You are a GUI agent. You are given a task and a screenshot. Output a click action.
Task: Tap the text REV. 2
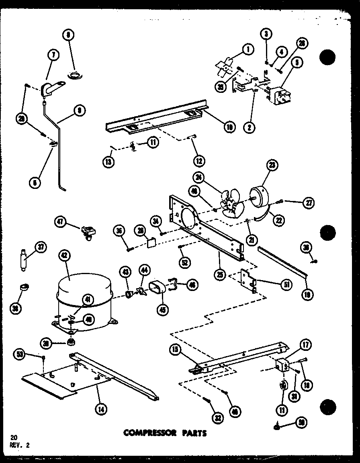pyautogui.click(x=18, y=445)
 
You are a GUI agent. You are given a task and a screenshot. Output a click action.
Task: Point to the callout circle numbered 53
pyautogui.click(x=20, y=354)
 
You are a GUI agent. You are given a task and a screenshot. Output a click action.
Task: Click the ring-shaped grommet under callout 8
pyautogui.click(x=75, y=74)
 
